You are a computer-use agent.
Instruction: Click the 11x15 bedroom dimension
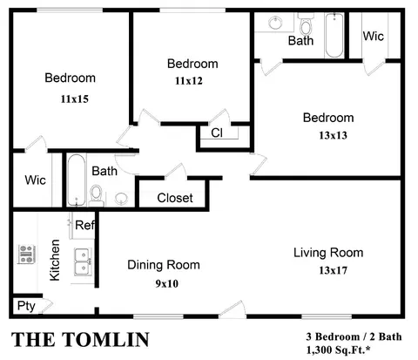click(x=75, y=99)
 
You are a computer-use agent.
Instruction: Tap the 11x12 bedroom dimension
click(x=189, y=81)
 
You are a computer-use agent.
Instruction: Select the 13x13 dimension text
click(x=333, y=135)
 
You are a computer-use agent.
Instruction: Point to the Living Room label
click(x=328, y=253)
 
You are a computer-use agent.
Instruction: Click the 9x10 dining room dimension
click(x=167, y=283)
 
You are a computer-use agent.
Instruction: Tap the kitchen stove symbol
click(x=26, y=254)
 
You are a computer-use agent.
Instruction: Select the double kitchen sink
click(x=83, y=262)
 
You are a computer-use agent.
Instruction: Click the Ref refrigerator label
click(x=84, y=225)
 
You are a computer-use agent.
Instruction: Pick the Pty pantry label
click(x=26, y=306)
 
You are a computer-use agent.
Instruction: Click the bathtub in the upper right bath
click(x=334, y=35)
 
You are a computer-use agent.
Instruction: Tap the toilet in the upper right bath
click(x=306, y=25)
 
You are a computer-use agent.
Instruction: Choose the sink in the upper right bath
click(x=275, y=23)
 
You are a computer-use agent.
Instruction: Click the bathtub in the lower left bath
click(x=77, y=180)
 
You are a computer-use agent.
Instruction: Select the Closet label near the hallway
click(x=175, y=198)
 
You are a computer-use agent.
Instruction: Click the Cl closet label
click(x=217, y=132)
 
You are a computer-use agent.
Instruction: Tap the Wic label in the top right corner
click(x=374, y=36)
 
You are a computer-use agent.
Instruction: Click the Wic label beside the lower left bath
click(x=35, y=180)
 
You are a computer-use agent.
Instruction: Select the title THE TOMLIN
click(x=80, y=340)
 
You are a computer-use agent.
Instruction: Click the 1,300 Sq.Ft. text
click(x=338, y=350)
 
